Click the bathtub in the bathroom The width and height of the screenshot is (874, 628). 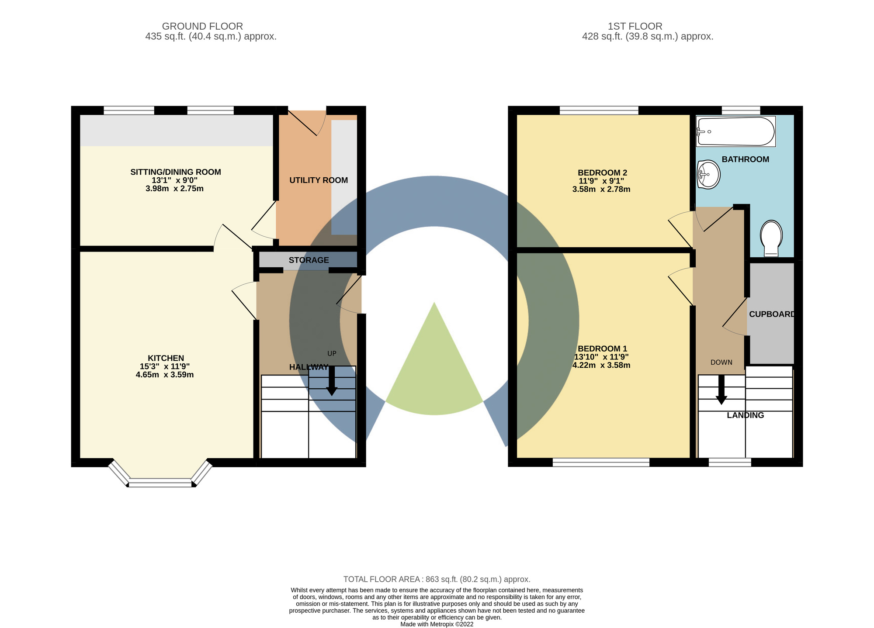735,131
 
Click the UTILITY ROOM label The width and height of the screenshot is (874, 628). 319,180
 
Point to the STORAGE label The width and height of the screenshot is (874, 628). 309,260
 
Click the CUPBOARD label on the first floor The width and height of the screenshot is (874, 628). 772,314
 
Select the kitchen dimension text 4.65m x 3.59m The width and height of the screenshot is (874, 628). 165,375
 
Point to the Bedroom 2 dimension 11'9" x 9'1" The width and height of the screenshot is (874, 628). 601,181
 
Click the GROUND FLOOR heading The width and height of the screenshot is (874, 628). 202,26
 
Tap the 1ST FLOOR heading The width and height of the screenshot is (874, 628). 635,26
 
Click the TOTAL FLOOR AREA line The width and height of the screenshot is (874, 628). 437,580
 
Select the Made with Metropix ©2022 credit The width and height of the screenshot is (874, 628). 437,624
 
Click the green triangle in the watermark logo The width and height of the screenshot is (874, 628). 434,371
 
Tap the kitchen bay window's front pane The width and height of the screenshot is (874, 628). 160,483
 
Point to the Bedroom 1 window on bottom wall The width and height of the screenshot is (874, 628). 601,462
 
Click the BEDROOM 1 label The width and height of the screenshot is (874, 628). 602,349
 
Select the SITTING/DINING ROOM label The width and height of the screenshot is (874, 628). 176,172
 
